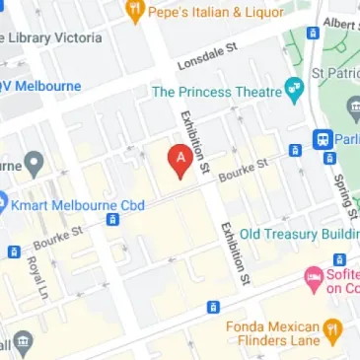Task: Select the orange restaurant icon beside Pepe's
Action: [135, 13]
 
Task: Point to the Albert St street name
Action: [341, 22]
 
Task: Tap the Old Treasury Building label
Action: [298, 234]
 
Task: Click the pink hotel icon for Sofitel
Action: [315, 279]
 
